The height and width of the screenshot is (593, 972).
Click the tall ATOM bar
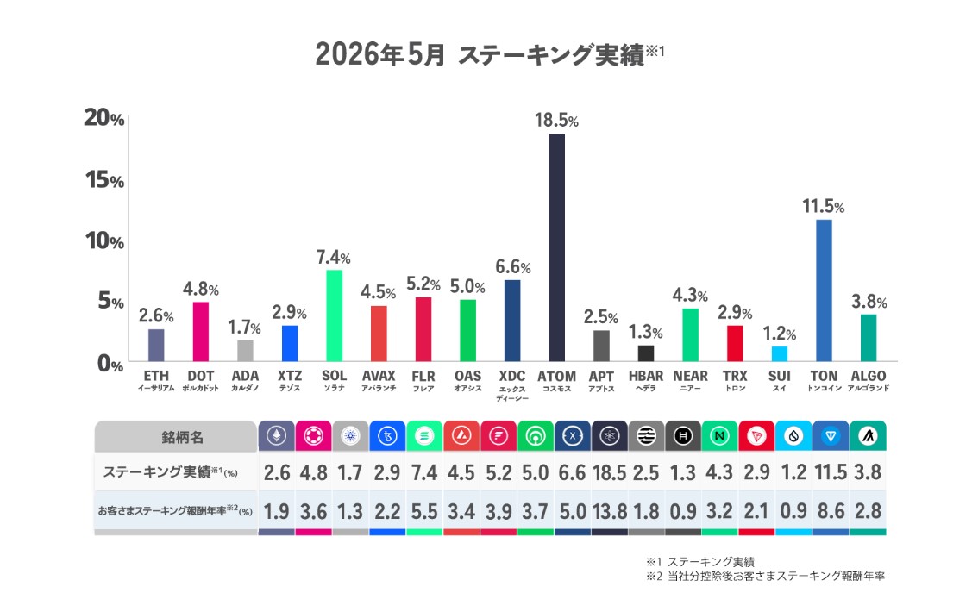pos(556,247)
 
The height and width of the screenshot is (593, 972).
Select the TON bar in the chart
pos(824,290)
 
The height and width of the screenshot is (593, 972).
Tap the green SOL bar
pos(334,315)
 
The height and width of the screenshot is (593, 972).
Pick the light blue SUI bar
pos(779,353)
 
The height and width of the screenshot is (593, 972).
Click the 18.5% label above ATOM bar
pos(556,120)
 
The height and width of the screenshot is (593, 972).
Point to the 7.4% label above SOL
pos(334,257)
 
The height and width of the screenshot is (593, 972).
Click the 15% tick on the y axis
pos(104,179)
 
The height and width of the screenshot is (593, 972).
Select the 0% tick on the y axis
pos(110,364)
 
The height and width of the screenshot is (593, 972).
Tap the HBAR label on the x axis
pos(645,376)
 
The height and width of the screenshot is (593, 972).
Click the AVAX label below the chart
pos(378,376)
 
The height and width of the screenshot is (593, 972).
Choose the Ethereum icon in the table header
pos(277,436)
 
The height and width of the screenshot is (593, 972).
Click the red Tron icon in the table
pos(756,436)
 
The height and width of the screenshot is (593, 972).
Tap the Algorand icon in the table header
pos(868,436)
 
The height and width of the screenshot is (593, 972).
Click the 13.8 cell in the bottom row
pos(610,511)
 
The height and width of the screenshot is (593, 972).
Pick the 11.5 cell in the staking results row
pos(831,472)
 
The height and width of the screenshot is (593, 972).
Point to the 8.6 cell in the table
pos(831,511)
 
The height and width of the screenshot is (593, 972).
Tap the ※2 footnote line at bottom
pos(766,577)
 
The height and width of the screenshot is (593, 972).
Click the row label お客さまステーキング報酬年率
pos(162,511)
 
